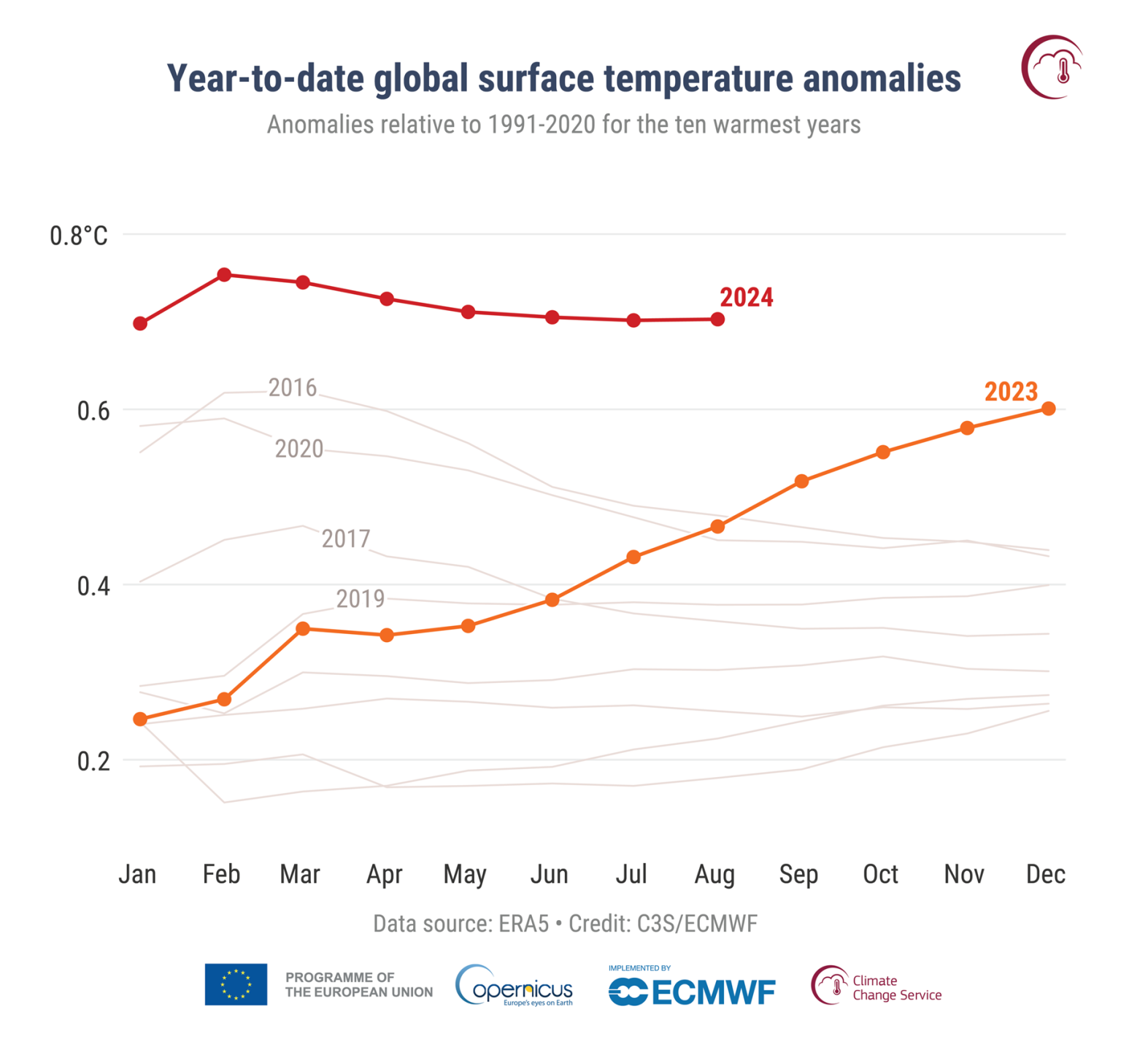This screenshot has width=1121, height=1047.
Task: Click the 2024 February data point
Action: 224,275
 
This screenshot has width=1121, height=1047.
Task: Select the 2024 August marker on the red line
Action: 717,320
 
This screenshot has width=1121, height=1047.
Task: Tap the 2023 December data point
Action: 1048,409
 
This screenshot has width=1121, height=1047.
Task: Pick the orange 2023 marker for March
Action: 303,629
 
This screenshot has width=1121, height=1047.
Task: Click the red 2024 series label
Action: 746,298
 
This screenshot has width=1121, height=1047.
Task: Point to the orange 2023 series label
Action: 1010,392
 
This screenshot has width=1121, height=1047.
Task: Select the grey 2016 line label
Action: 293,388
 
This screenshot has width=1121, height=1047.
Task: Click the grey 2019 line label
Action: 360,599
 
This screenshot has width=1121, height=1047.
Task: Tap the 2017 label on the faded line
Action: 346,539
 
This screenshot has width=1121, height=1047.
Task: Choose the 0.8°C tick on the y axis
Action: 78,236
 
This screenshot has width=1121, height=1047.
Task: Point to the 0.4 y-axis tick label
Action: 93,586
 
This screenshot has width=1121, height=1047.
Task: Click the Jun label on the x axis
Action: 549,874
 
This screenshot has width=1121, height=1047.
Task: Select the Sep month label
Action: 798,874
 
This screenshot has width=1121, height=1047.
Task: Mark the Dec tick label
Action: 1045,874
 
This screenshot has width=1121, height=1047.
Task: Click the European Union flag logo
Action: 236,984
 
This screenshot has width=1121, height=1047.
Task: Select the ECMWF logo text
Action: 712,992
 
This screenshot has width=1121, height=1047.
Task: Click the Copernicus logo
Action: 515,986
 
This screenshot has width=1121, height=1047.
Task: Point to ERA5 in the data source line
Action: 523,924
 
